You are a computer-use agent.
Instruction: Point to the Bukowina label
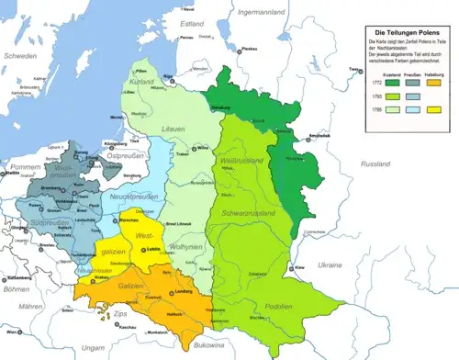click(x=224, y=348)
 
